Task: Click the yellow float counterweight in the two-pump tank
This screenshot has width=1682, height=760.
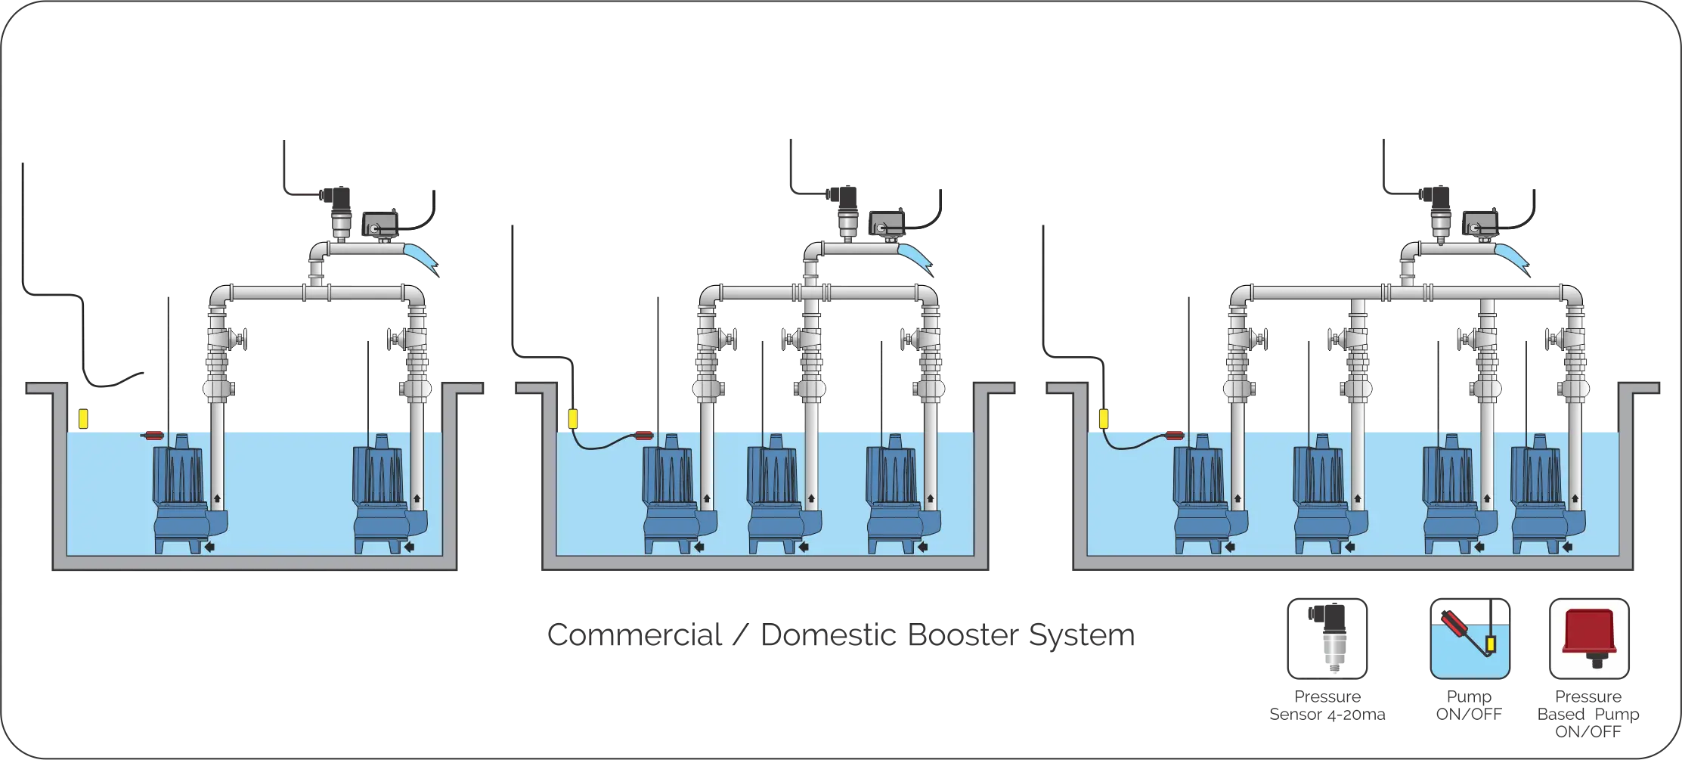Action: pyautogui.click(x=83, y=418)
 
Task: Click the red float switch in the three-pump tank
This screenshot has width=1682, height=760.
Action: pyautogui.click(x=644, y=435)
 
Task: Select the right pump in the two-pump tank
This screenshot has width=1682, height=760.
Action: pyautogui.click(x=379, y=492)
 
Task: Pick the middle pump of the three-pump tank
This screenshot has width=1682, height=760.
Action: pyautogui.click(x=773, y=492)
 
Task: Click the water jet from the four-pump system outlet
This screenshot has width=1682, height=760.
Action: pyautogui.click(x=1510, y=257)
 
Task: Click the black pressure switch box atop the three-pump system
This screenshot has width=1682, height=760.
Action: pyautogui.click(x=881, y=224)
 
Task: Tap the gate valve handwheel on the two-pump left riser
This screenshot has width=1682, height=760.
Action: pyautogui.click(x=243, y=337)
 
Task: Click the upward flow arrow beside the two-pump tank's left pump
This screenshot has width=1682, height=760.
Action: pyautogui.click(x=218, y=498)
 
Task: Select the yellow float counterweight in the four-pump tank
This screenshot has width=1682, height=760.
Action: pyautogui.click(x=1104, y=418)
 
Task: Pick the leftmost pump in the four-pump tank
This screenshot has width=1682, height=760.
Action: pyautogui.click(x=1198, y=492)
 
